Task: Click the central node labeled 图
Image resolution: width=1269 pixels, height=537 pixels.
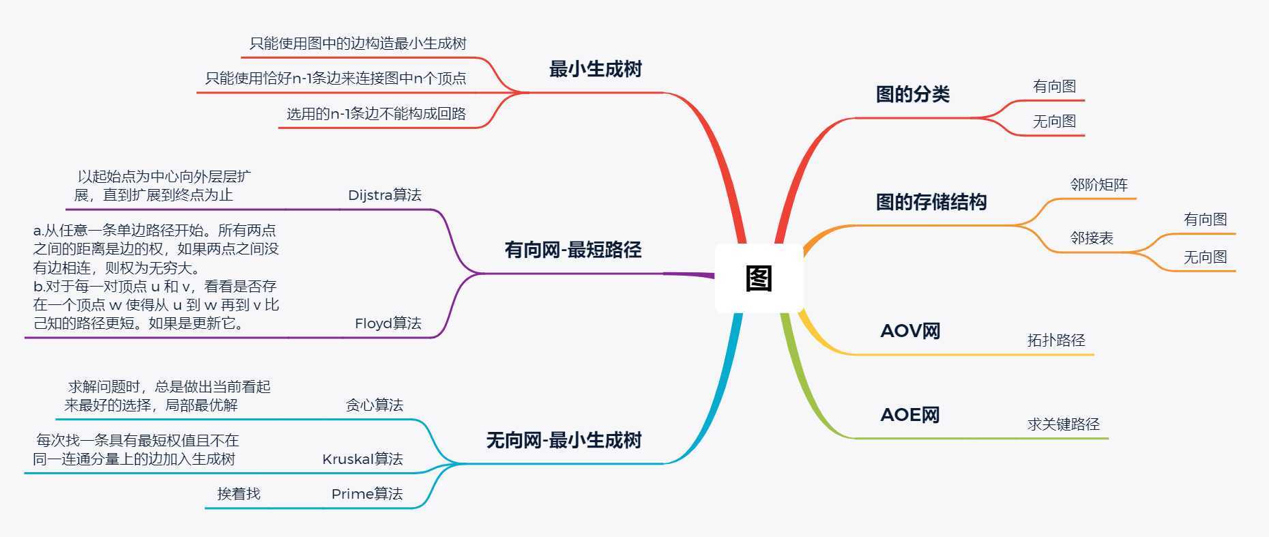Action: coord(759,278)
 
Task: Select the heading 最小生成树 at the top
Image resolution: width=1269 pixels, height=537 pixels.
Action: coord(595,69)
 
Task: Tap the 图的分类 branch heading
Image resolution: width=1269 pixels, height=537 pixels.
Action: coord(912,94)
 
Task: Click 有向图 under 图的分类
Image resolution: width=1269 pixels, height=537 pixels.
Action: coord(1054,87)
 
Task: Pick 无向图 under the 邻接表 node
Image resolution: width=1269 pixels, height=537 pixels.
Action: coord(1205,257)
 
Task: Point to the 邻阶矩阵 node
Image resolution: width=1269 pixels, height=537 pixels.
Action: coord(1098,185)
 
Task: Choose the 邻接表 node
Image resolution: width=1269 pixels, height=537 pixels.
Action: coord(1092,238)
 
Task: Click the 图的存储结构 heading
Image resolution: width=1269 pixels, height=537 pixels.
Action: coord(931,202)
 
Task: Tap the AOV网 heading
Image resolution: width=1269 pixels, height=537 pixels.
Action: coord(910,331)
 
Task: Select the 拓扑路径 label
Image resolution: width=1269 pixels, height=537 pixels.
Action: coord(1055,340)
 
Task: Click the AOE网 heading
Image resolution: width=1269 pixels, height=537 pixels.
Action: coord(910,415)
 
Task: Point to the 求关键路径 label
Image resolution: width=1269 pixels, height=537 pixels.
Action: coord(1063,424)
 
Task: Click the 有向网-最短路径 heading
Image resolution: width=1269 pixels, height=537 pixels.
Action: coord(573,250)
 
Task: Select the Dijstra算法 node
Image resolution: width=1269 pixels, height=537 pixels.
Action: coord(384,195)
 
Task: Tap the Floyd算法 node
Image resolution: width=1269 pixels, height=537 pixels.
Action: coord(388,323)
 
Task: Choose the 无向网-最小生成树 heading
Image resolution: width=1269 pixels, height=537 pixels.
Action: coord(564,440)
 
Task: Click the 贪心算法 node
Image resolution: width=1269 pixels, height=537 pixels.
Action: coord(374,405)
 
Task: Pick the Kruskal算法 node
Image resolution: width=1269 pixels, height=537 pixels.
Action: coord(362,459)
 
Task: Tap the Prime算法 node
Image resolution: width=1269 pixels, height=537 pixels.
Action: coord(366,494)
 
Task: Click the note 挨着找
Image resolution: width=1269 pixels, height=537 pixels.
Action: coord(239,494)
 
